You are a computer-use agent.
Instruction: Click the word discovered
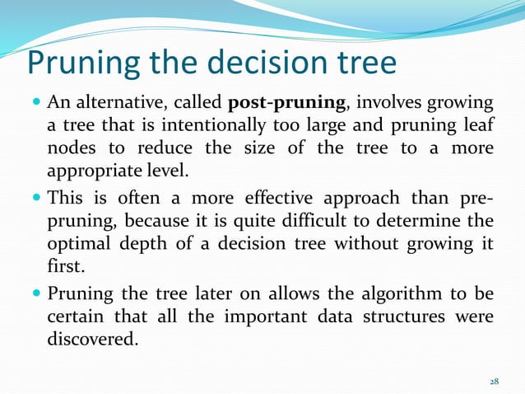point(91,340)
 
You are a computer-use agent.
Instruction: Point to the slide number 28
point(494,382)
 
